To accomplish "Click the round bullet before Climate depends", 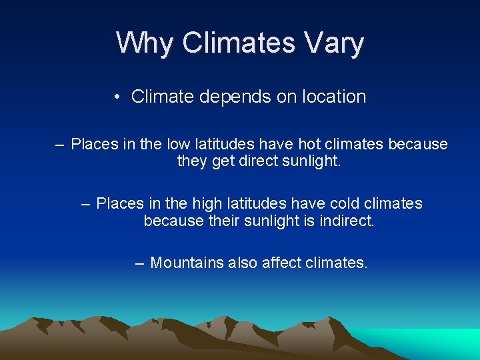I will [x=117, y=97].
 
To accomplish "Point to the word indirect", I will [x=344, y=220].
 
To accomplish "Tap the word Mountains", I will [x=187, y=263].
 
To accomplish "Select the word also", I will [x=243, y=263].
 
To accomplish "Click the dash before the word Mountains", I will [x=139, y=263].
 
